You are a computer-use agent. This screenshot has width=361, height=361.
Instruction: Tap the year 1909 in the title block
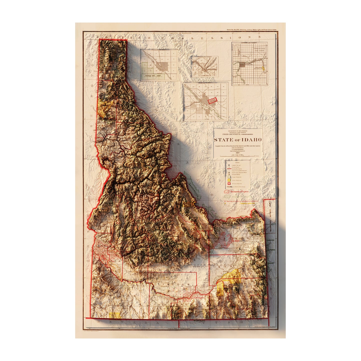click(238, 153)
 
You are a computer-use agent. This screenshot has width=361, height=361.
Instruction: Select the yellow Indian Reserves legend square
click(229, 180)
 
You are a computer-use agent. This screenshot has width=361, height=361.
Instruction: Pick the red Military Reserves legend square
click(229, 184)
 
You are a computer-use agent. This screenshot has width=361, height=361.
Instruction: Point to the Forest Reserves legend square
click(229, 177)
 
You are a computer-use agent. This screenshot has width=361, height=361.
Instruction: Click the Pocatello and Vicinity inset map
click(159, 65)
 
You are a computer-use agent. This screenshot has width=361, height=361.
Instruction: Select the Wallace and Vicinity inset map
click(205, 66)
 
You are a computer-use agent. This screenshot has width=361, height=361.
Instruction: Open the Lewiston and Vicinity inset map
click(250, 64)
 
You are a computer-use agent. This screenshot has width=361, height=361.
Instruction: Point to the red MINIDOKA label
click(197, 298)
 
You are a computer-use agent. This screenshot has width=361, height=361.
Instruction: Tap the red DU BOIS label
click(235, 241)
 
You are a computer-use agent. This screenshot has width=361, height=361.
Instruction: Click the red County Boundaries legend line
click(229, 169)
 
